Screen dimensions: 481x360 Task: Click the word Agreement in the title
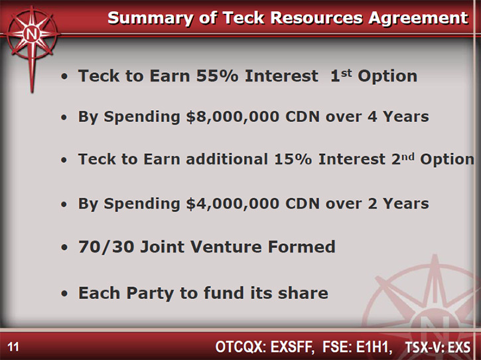pyautogui.click(x=419, y=18)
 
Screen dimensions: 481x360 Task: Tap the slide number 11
pyautogui.click(x=13, y=347)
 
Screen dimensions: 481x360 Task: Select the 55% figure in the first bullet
pyautogui.click(x=217, y=76)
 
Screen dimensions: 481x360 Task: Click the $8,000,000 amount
pyautogui.click(x=233, y=117)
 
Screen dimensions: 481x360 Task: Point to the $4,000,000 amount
pyautogui.click(x=233, y=204)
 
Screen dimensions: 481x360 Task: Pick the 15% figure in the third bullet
pyautogui.click(x=293, y=160)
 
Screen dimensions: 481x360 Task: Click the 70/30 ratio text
pyautogui.click(x=106, y=247)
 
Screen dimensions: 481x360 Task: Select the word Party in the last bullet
pyautogui.click(x=151, y=294)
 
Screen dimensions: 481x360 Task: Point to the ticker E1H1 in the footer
pyautogui.click(x=374, y=347)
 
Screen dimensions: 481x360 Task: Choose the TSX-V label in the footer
pyautogui.click(x=425, y=347)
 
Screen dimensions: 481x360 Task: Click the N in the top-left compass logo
pyautogui.click(x=32, y=34)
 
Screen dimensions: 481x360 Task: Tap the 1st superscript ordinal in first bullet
pyautogui.click(x=341, y=76)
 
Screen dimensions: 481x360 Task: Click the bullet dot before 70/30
pyautogui.click(x=64, y=247)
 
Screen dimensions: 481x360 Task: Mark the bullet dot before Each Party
pyautogui.click(x=64, y=294)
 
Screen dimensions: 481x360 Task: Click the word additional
pyautogui.click(x=227, y=160)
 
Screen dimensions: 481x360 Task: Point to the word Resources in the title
pyautogui.click(x=316, y=18)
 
